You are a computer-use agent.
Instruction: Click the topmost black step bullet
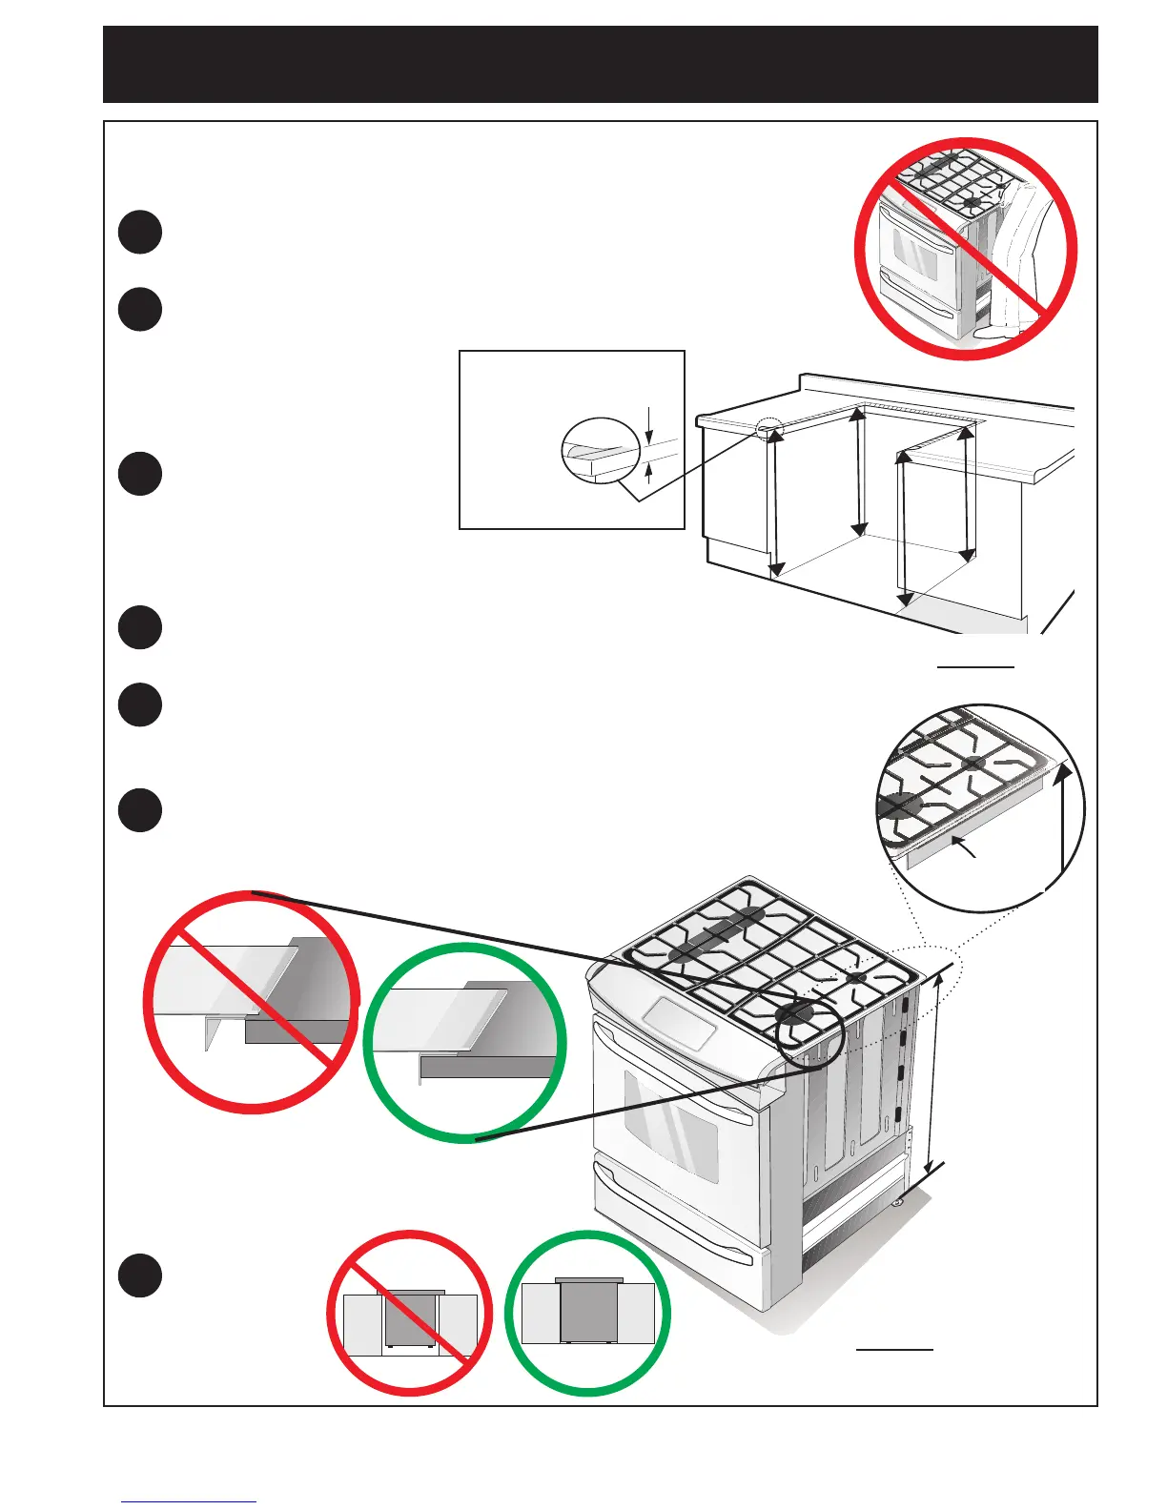point(140,232)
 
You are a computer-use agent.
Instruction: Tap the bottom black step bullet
point(140,1275)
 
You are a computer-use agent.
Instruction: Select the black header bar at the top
point(601,64)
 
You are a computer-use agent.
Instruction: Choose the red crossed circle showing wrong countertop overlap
point(252,1002)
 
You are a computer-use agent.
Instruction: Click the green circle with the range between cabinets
point(588,1314)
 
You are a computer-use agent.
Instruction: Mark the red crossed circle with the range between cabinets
point(411,1314)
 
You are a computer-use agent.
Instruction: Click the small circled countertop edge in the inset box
point(599,451)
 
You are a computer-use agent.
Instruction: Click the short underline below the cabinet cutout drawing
point(975,667)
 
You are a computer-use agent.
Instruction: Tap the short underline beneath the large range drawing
point(894,1349)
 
